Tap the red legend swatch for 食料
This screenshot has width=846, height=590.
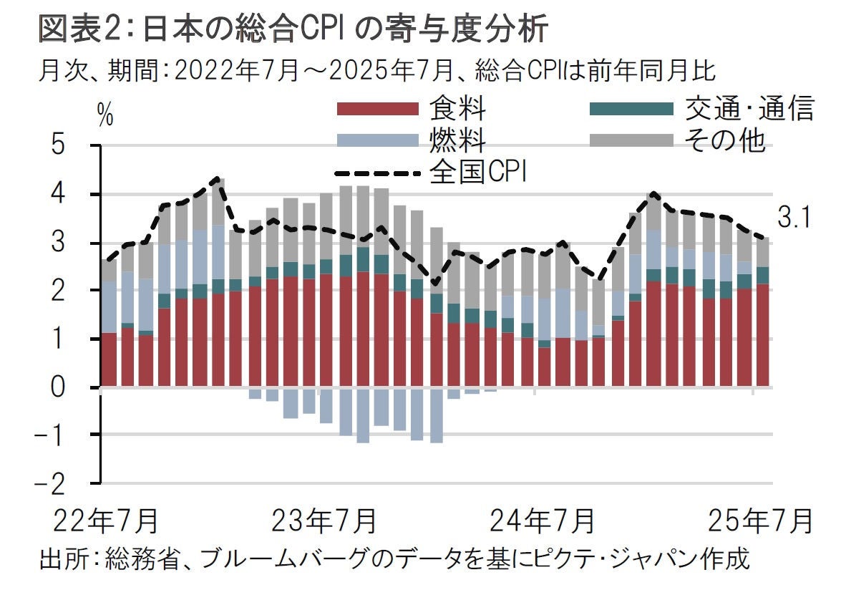(x=377, y=109)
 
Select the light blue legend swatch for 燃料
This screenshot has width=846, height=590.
(x=377, y=140)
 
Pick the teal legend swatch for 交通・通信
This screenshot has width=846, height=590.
(x=631, y=109)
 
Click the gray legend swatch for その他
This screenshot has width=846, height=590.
(x=631, y=140)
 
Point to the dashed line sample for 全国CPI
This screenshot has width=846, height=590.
(x=377, y=173)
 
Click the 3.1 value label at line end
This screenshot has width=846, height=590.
(x=794, y=218)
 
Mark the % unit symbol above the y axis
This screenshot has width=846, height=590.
(x=106, y=115)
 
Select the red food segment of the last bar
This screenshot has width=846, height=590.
(x=764, y=335)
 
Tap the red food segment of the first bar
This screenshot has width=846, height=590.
(x=109, y=359)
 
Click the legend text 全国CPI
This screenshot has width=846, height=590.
(x=477, y=173)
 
